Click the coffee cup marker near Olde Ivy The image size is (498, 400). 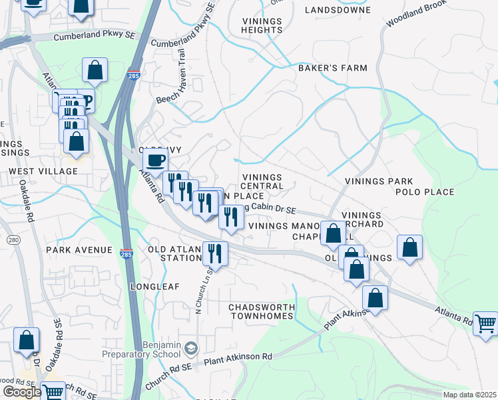click(x=156, y=160)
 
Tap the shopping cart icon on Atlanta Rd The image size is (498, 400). click(x=486, y=323)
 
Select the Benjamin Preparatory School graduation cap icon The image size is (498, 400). click(x=191, y=348)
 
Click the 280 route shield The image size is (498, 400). click(x=13, y=239)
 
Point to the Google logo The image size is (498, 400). click(x=21, y=392)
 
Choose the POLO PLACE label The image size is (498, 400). click(x=425, y=192)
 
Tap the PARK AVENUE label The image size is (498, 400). click(x=79, y=250)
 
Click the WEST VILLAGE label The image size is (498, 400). click(x=43, y=171)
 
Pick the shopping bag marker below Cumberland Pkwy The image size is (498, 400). click(x=95, y=70)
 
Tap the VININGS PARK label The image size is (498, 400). click(x=379, y=181)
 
